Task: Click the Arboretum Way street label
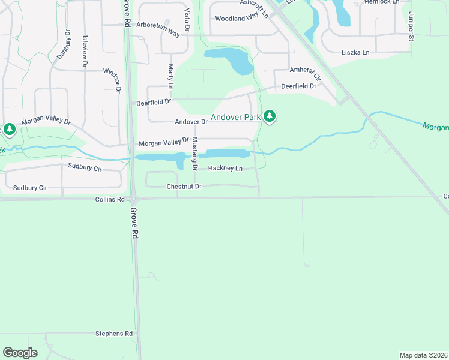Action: coord(158,30)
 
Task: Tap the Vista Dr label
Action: coord(187,20)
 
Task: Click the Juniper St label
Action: coord(412,26)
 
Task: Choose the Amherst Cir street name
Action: coord(306,73)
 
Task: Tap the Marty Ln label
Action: coord(170,77)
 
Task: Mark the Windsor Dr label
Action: coord(112,80)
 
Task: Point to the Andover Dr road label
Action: coord(191,122)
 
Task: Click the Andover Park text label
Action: coord(235,118)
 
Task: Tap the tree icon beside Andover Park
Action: coord(270,116)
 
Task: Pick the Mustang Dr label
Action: coord(194,154)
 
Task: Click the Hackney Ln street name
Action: coord(225,169)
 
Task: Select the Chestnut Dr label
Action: coord(184,187)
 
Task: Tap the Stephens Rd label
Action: coord(114,334)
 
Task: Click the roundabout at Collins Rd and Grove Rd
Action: coord(134,199)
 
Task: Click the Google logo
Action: coord(20,352)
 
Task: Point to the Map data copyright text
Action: coord(423,355)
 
